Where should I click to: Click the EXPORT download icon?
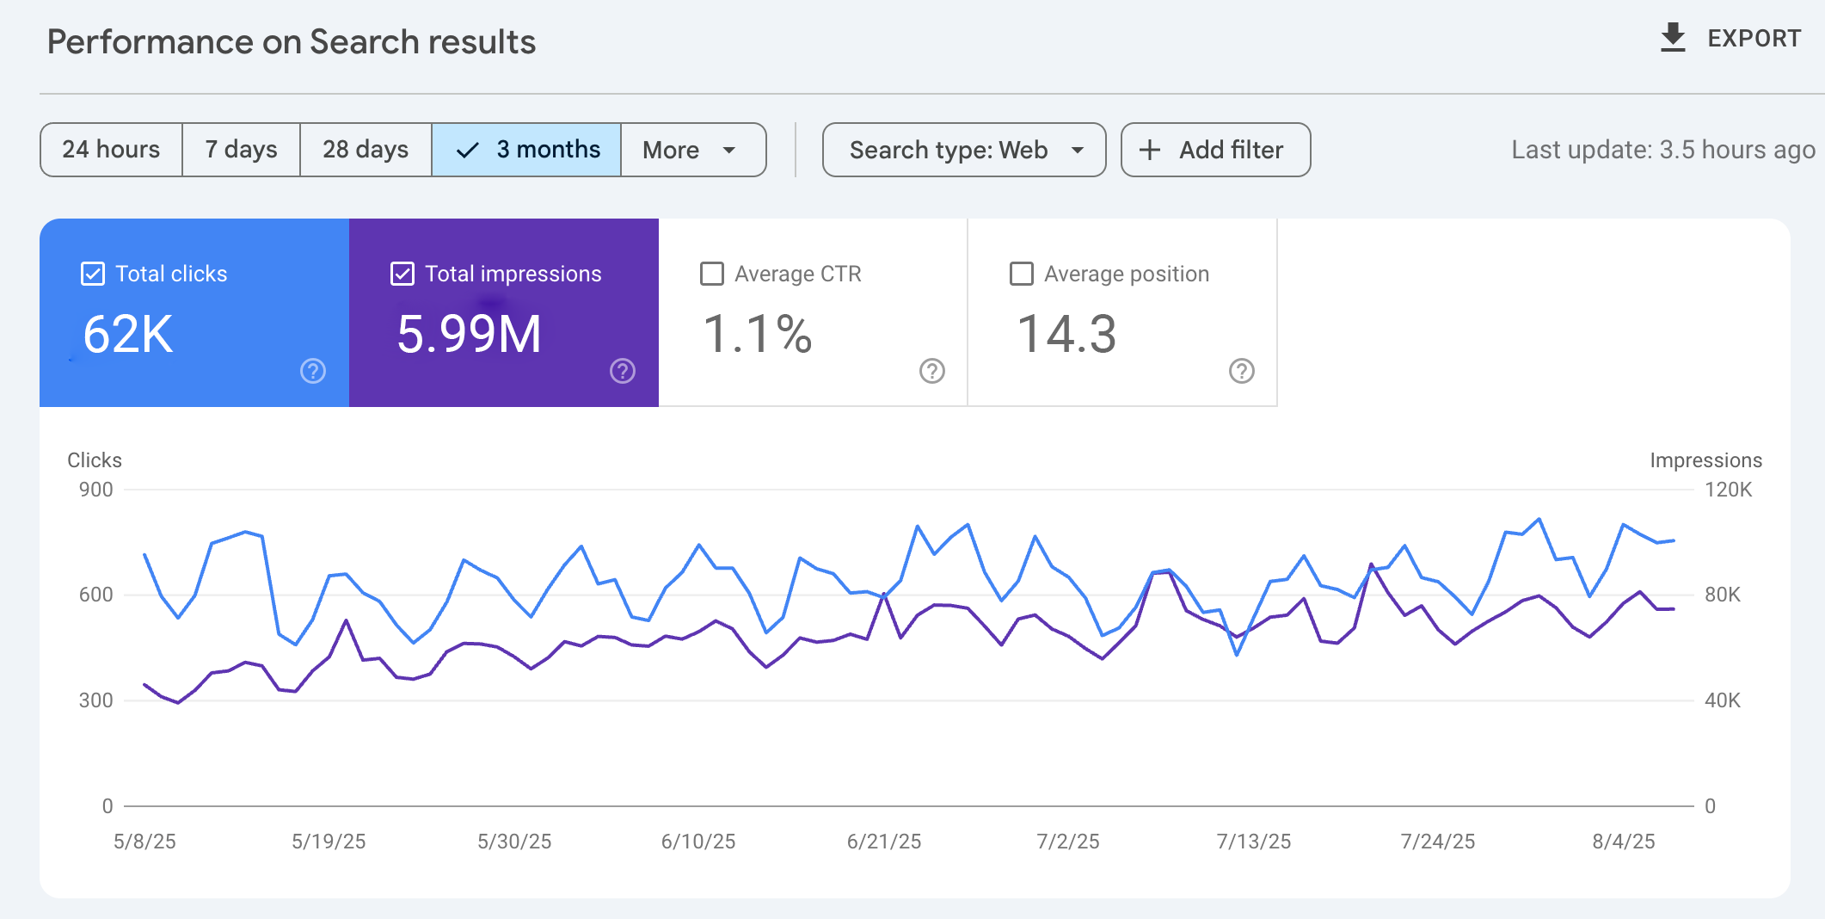pos(1673,38)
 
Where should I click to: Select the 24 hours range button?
pos(111,150)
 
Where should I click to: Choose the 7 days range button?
pos(241,150)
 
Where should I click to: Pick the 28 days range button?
pos(366,150)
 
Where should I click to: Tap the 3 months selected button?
pos(526,150)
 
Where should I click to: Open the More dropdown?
pos(692,150)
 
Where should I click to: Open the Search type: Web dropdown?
pos(964,150)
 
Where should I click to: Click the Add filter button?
pos(1215,150)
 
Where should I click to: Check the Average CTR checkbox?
pos(712,274)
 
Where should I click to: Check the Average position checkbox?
pos(1022,274)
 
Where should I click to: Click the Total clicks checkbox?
pos(93,274)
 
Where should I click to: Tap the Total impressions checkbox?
pos(402,274)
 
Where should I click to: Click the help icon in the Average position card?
pos(1242,371)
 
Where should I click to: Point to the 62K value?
pos(128,334)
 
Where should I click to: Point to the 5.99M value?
pos(469,334)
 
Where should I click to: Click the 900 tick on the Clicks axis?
pos(95,490)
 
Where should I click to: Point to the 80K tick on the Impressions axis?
pos(1722,595)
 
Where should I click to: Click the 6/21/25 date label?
pos(883,842)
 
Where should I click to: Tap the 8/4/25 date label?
pos(1623,842)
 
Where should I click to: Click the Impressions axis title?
pos(1705,460)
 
